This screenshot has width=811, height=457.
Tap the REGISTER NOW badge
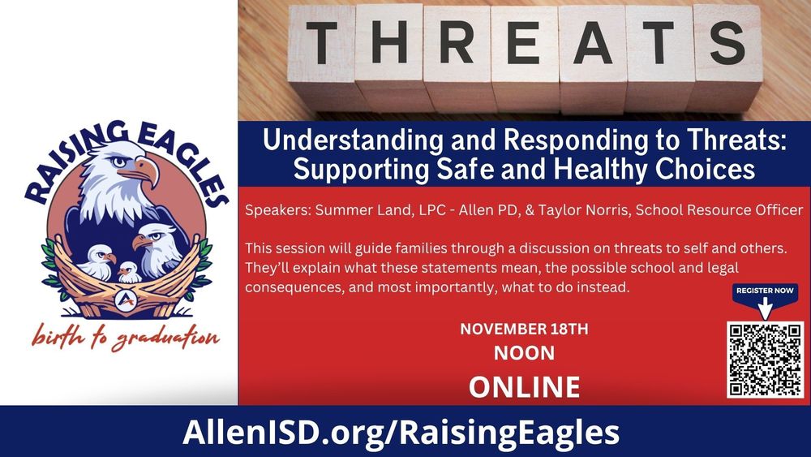tap(765, 291)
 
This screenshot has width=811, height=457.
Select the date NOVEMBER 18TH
tap(524, 330)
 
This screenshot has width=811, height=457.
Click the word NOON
tap(524, 353)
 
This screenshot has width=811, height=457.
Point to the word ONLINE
tap(524, 386)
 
